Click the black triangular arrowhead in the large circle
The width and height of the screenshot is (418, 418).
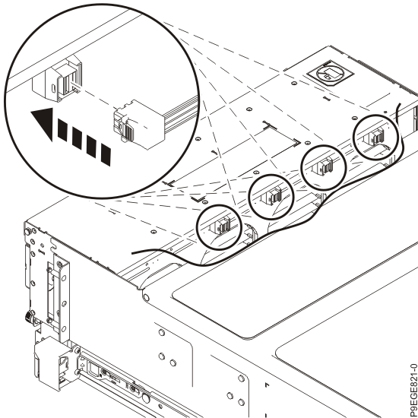coord(45,122)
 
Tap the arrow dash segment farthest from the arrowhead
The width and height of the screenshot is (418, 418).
coord(106,154)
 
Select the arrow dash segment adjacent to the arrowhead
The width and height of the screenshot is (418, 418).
coord(62,130)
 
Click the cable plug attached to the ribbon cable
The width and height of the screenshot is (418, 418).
coord(138,124)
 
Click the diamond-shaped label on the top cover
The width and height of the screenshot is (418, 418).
coord(330,72)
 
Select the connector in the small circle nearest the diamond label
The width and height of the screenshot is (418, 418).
coord(376,138)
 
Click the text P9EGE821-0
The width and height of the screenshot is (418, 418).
coord(413,390)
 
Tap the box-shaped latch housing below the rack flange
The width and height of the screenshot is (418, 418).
coord(53,362)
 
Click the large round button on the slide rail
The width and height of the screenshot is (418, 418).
coord(146,397)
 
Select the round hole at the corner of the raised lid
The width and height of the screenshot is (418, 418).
coord(146,297)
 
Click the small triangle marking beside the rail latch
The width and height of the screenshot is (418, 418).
coord(83,366)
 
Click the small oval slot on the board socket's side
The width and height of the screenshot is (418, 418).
coord(53,89)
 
